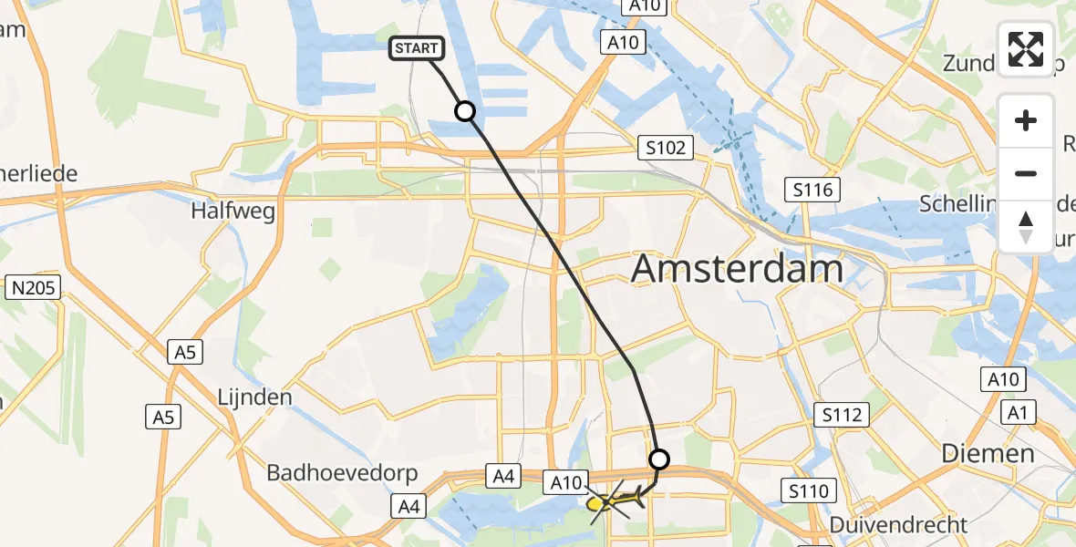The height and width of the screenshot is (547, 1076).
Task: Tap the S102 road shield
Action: (665, 148)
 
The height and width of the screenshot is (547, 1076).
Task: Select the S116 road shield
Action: (812, 190)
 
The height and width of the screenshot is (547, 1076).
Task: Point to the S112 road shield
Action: (840, 416)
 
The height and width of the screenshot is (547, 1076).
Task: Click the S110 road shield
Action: (809, 491)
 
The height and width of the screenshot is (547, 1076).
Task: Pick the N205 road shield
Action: (34, 289)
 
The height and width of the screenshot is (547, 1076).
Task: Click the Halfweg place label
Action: (233, 211)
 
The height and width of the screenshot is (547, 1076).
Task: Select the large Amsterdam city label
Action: (737, 270)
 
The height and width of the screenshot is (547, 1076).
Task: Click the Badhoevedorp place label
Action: (342, 473)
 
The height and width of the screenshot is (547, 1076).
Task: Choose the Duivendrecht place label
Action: (898, 525)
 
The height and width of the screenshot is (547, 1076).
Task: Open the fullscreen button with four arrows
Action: (1026, 48)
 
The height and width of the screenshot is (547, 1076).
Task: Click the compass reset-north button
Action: (1026, 226)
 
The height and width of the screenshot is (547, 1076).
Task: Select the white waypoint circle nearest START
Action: (465, 111)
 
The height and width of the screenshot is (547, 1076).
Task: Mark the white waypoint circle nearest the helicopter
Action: (658, 459)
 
